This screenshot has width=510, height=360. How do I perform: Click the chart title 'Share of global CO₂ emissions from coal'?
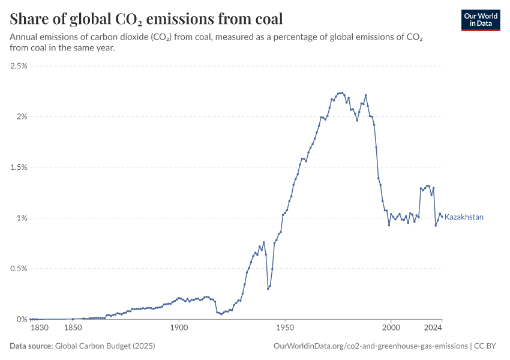click(x=146, y=19)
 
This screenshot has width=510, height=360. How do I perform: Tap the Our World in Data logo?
click(x=481, y=20)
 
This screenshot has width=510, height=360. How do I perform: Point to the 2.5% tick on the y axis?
click(x=19, y=66)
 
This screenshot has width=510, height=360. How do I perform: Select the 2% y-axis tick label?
click(x=22, y=116)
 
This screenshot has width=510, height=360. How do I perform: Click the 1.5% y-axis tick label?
click(x=19, y=167)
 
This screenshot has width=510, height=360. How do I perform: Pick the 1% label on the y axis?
click(x=22, y=218)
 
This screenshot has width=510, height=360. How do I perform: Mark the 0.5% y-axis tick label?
click(x=19, y=269)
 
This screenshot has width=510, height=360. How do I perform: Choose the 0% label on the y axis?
click(x=22, y=319)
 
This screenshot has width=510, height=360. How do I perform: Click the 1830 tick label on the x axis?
click(x=40, y=328)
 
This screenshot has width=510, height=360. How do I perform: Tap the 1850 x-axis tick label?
click(x=73, y=328)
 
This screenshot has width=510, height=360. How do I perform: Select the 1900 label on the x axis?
click(x=179, y=328)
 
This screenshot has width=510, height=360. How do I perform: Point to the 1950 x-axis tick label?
click(x=285, y=328)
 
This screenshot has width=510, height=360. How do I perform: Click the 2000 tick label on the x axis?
click(x=391, y=328)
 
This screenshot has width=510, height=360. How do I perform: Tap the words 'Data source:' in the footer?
click(x=31, y=346)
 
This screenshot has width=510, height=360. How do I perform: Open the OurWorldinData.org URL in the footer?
click(x=370, y=346)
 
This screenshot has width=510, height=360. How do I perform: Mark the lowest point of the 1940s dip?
click(x=268, y=289)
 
